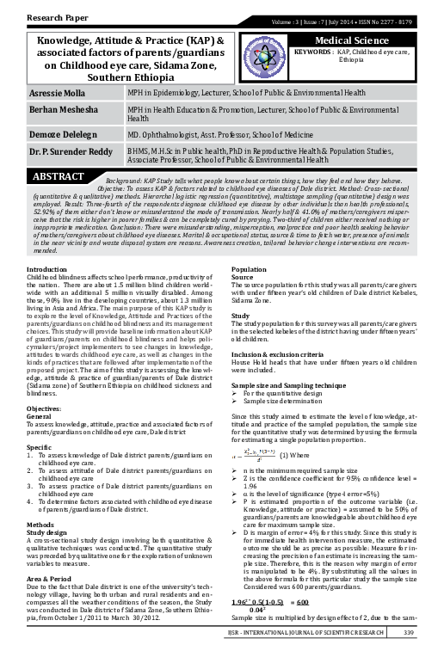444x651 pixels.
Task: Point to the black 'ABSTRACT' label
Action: coord(59,175)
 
